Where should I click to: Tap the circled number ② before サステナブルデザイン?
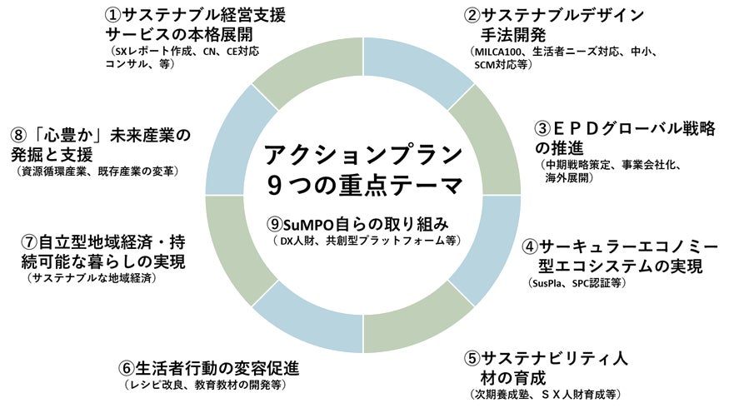tap(472, 14)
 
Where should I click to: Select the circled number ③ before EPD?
tap(542, 130)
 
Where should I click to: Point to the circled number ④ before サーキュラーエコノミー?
tap(530, 246)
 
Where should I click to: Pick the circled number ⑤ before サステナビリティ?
tap(472, 358)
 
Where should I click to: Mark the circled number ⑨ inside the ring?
tap(276, 224)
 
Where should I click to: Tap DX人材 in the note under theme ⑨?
tap(300, 241)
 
